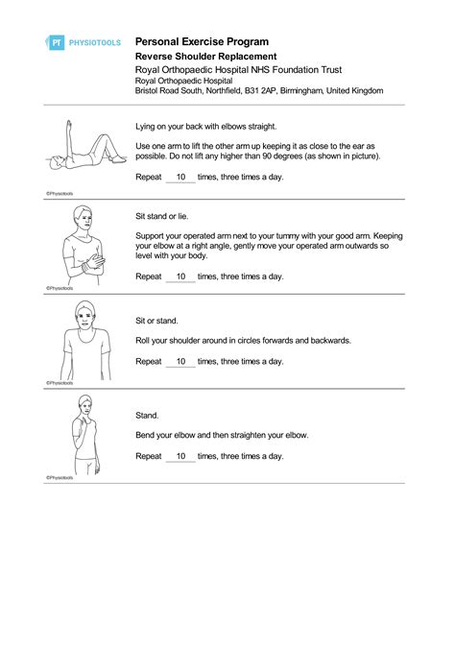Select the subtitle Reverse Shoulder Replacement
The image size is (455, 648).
(x=205, y=57)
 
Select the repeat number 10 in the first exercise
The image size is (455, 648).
(x=180, y=178)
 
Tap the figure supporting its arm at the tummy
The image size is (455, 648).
(x=84, y=246)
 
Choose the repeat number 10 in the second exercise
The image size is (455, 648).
(x=180, y=276)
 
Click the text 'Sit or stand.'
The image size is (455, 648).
(x=157, y=321)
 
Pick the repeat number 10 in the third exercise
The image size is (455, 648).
(x=180, y=362)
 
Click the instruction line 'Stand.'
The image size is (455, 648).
(x=147, y=416)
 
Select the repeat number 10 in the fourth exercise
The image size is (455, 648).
(x=180, y=456)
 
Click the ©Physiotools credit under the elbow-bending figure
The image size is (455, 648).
(x=60, y=477)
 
